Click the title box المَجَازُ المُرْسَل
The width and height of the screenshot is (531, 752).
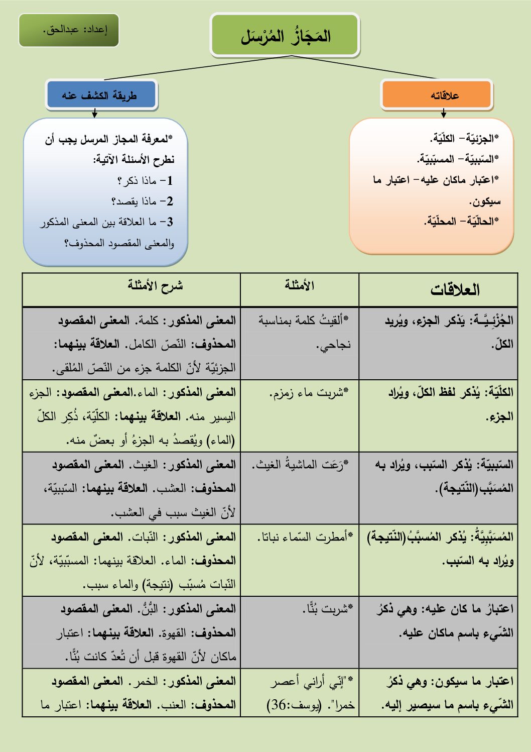[285, 35]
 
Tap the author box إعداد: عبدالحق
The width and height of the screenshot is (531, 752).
[69, 30]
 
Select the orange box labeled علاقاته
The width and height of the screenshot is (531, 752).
[436, 94]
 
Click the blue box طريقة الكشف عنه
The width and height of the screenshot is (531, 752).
[101, 94]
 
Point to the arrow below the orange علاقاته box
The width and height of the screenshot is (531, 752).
[444, 114]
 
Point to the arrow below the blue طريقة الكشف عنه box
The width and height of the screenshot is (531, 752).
[95, 114]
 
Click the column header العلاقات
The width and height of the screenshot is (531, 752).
[455, 290]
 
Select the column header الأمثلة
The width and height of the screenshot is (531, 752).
[300, 286]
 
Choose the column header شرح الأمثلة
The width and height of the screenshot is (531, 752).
[155, 286]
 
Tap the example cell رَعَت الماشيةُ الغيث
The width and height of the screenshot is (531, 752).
[301, 465]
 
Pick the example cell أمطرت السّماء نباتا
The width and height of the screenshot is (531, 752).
[305, 537]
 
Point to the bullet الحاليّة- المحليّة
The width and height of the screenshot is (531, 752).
[462, 221]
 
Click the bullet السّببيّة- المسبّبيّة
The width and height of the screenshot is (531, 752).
[458, 159]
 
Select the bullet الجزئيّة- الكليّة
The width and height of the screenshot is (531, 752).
[465, 138]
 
